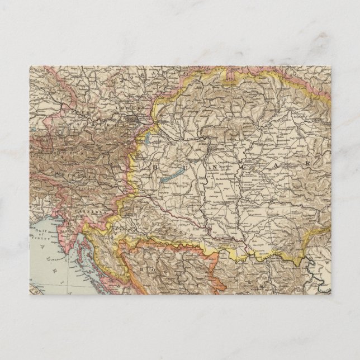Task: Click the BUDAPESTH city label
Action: pos(215,149)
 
